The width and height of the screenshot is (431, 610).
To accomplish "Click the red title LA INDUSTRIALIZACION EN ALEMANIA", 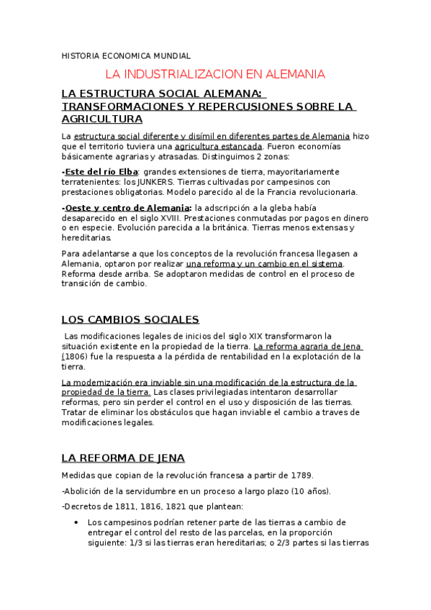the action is [x=215, y=74].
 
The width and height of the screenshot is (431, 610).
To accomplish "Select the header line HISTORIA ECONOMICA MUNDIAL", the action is [x=126, y=55].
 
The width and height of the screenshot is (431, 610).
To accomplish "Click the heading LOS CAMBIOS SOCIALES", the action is [x=130, y=319].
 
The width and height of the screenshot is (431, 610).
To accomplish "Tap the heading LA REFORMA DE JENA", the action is [x=123, y=457].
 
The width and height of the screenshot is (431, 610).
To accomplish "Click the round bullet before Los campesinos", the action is [x=76, y=522].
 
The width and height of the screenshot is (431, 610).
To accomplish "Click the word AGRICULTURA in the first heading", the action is [x=101, y=119].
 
